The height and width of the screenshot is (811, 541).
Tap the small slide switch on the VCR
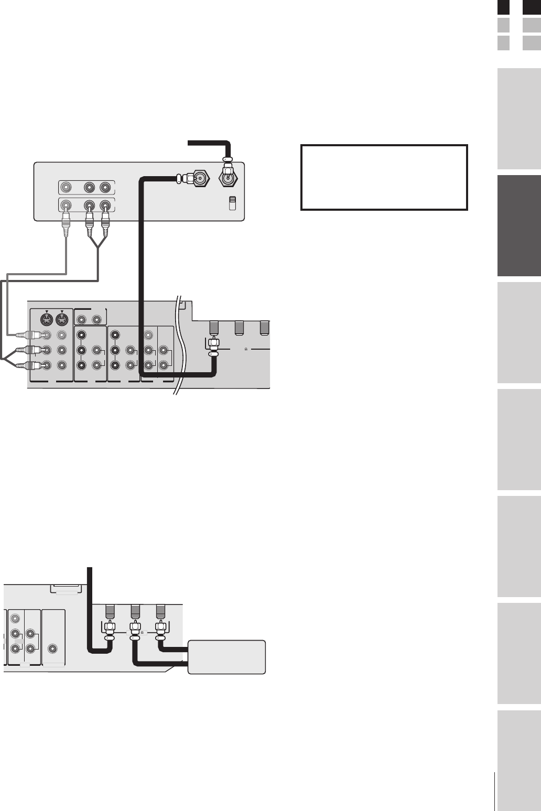pyautogui.click(x=233, y=203)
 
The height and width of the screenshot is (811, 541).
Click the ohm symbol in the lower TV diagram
pyautogui.click(x=143, y=632)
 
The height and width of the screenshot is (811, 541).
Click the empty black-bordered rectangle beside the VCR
pyautogui.click(x=384, y=178)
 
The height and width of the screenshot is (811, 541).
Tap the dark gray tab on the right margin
pyautogui.click(x=519, y=226)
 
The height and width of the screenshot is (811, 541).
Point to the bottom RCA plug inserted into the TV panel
pyautogui.click(x=24, y=366)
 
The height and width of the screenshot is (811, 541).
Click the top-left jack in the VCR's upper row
pyautogui.click(x=66, y=187)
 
